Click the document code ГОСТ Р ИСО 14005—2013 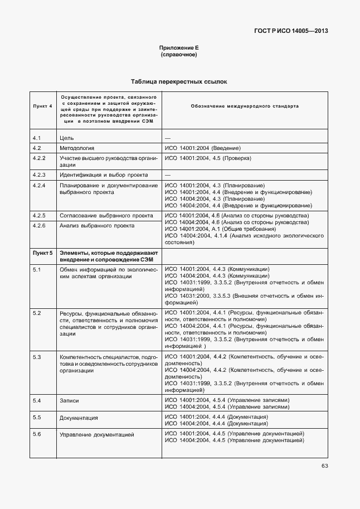pyautogui.click(x=289, y=31)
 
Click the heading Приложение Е pyautogui.click(x=179, y=49)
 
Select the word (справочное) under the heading pyautogui.click(x=179, y=55)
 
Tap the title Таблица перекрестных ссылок pyautogui.click(x=179, y=81)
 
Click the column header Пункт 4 pyautogui.click(x=42, y=105)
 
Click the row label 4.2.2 pyautogui.click(x=38, y=159)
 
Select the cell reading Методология pyautogui.click(x=76, y=148)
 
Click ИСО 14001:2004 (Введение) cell pyautogui.click(x=203, y=148)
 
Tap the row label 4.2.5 pyautogui.click(x=38, y=215)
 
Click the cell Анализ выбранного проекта pyautogui.click(x=96, y=226)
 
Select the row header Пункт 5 pyautogui.click(x=42, y=253)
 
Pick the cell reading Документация pyautogui.click(x=79, y=418)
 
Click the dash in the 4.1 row pyautogui.click(x=168, y=137)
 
